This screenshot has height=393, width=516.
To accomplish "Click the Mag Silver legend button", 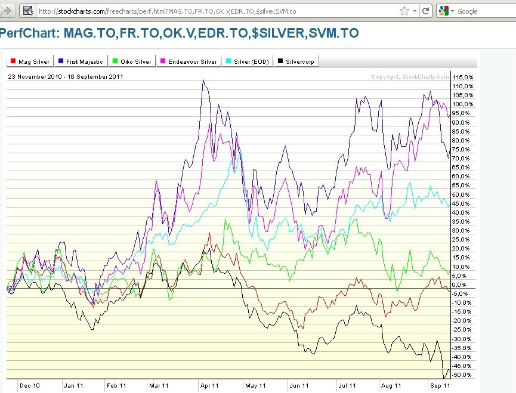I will [30, 61].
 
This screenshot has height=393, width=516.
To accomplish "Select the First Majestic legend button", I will [81, 61].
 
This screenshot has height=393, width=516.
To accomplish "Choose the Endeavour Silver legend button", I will [187, 61].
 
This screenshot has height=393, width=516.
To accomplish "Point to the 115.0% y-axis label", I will [463, 78].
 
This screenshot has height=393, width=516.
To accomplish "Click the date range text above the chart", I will [66, 76].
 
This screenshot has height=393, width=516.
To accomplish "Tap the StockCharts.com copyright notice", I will [410, 77].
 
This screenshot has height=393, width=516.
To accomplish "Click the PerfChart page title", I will [180, 33].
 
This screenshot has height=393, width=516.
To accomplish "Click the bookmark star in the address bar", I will [404, 11].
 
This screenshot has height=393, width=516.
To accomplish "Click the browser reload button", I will [426, 11].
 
